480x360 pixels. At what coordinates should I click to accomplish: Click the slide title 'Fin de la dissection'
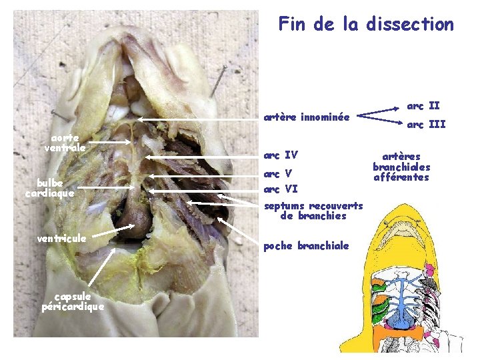click(x=366, y=25)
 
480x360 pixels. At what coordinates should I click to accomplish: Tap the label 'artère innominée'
click(x=306, y=117)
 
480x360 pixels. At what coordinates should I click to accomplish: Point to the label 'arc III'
click(x=426, y=125)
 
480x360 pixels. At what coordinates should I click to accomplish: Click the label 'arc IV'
click(x=281, y=156)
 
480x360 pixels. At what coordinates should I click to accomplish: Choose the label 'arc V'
click(x=278, y=174)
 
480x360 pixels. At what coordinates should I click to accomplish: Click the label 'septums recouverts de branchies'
click(x=313, y=211)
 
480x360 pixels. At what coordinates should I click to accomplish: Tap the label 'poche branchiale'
click(x=306, y=246)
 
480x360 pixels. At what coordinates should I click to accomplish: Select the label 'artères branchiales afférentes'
click(x=401, y=167)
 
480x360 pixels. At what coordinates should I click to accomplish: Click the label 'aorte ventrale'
click(x=65, y=143)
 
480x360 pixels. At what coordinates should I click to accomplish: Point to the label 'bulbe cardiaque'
click(x=49, y=188)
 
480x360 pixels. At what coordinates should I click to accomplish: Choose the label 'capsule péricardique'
click(x=73, y=301)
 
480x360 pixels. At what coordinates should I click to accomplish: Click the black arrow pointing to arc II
click(x=380, y=111)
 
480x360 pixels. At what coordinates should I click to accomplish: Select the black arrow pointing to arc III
click(x=380, y=121)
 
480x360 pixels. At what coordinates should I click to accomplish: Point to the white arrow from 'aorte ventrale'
click(x=111, y=142)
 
